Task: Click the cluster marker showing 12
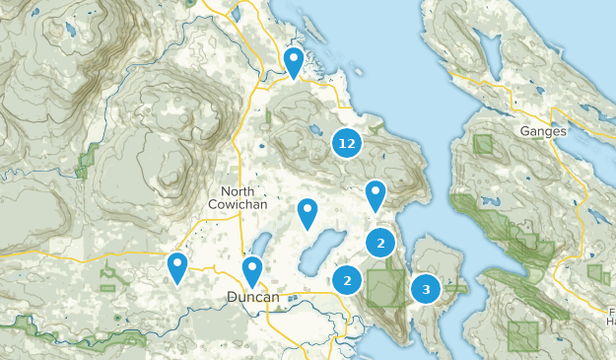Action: [346, 144]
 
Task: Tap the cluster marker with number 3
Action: [426, 289]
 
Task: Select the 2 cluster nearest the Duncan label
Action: [347, 280]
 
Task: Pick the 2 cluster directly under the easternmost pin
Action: [380, 242]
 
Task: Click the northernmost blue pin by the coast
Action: [294, 61]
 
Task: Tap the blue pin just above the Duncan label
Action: [252, 268]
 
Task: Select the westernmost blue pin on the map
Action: [177, 265]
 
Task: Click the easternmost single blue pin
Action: [375, 193]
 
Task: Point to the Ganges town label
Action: [545, 131]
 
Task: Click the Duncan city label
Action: [253, 296]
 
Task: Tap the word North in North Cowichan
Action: [238, 190]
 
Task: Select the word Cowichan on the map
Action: [238, 203]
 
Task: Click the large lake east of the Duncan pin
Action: [321, 253]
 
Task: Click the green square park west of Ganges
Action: [483, 143]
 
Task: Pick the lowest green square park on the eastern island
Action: [523, 337]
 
